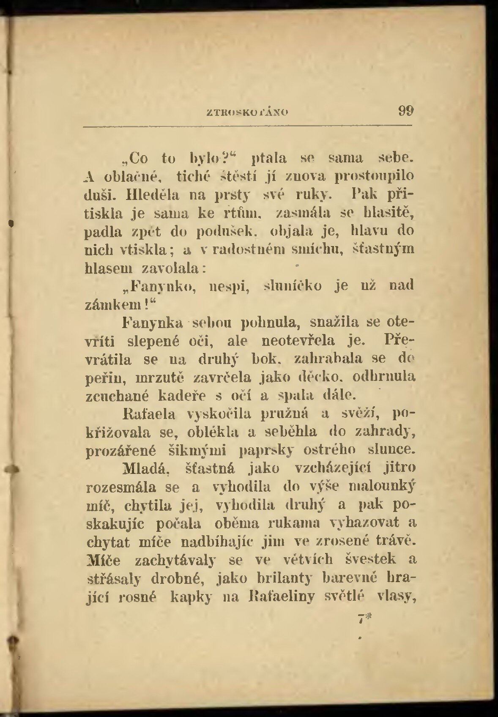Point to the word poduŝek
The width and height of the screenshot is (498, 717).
point(224,232)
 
